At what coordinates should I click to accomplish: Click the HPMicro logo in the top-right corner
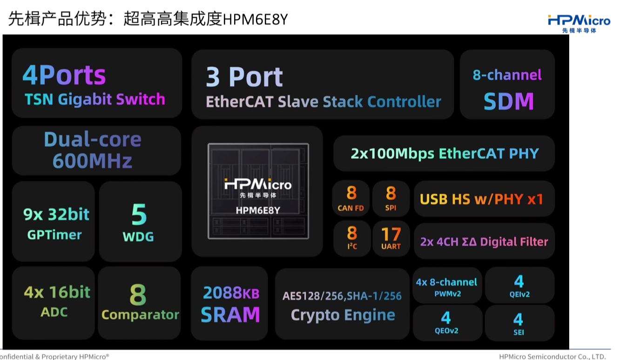tap(579, 23)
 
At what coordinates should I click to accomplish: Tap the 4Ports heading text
tap(64, 75)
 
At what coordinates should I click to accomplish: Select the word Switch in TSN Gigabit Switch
tap(141, 99)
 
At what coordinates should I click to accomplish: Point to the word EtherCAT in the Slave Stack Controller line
tap(240, 101)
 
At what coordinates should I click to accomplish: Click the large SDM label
tap(508, 101)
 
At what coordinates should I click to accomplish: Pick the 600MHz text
tap(92, 160)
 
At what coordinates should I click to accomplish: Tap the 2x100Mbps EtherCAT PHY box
tap(444, 153)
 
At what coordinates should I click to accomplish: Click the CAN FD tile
tap(351, 199)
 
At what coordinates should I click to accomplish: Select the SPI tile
tap(391, 199)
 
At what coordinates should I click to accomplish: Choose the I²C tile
tap(352, 239)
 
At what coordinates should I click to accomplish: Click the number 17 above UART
tap(391, 234)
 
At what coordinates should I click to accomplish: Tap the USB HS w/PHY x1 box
tap(484, 199)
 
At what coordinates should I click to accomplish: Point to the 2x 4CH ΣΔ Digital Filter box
tap(484, 241)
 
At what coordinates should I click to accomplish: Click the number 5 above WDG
tap(139, 214)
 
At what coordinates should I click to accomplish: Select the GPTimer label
tap(54, 235)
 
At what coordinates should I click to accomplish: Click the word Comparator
tap(141, 315)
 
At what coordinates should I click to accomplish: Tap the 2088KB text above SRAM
tap(231, 293)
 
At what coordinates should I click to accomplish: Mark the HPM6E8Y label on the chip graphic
tap(258, 210)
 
